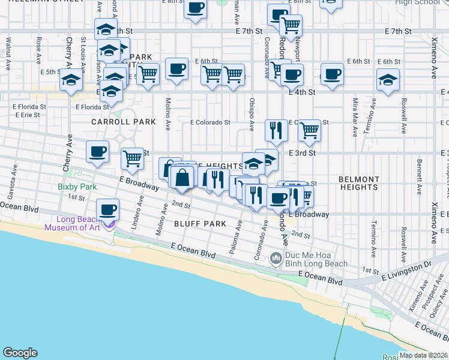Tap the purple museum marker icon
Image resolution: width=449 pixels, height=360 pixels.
click(109, 226)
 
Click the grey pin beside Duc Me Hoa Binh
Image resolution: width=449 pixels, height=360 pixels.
click(276, 259)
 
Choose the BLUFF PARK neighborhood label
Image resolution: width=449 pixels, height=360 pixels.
click(200, 224)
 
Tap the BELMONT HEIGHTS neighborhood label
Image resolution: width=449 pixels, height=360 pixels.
click(359, 183)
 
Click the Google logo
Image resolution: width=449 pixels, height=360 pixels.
click(20, 353)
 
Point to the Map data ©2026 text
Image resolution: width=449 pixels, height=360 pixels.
click(423, 355)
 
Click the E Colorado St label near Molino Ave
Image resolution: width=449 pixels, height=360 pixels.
click(210, 122)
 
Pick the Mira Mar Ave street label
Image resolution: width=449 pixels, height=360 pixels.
click(356, 110)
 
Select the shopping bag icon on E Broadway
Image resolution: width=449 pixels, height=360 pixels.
click(182, 178)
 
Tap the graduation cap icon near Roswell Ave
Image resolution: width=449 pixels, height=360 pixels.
click(388, 80)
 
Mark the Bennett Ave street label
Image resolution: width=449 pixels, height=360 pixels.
click(419, 171)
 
